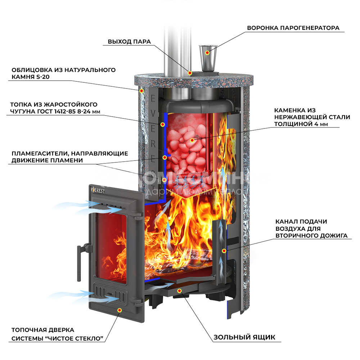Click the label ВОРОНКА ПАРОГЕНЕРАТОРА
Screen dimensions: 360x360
[293, 28]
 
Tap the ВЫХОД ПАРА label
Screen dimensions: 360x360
[129, 41]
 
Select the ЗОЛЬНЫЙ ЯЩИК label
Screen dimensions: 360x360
[244, 337]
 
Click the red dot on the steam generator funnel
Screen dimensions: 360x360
[207, 53]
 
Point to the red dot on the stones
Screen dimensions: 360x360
[192, 140]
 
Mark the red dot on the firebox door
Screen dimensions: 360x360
[120, 310]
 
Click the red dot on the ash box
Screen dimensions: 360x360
[180, 291]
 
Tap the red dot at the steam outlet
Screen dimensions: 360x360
[190, 73]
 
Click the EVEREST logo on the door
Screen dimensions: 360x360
[98, 190]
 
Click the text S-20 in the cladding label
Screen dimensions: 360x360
[43, 77]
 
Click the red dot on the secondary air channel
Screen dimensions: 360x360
[224, 251]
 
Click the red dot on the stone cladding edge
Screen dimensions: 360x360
[141, 91]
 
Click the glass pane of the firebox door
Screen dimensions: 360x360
[112, 248]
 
